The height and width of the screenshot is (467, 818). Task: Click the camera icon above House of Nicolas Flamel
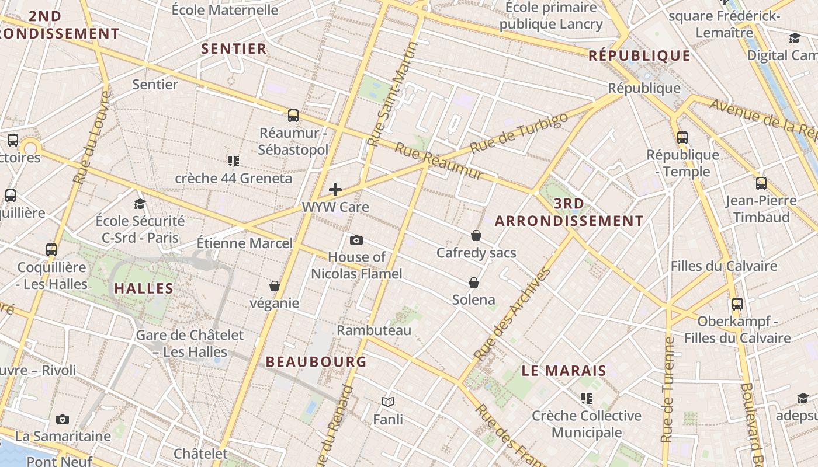[356, 240]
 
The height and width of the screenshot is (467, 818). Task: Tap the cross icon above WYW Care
[335, 189]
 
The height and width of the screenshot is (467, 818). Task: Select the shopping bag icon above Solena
[474, 283]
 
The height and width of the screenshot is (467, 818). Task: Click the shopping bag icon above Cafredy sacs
[476, 235]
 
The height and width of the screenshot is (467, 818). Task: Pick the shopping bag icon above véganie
[275, 286]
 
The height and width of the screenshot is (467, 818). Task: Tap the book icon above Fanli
[388, 402]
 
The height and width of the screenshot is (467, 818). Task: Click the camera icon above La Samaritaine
[63, 419]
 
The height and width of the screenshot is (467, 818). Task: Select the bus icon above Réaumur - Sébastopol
[293, 115]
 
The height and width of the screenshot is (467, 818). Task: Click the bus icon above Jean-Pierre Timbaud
[761, 183]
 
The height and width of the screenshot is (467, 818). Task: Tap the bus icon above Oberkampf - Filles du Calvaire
[737, 304]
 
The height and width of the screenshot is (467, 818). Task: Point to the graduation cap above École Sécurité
[140, 204]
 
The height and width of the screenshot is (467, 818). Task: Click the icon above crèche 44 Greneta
[234, 161]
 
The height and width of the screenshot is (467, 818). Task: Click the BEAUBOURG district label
[316, 362]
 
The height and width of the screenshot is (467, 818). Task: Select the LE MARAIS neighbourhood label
[564, 371]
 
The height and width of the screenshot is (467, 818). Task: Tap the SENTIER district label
[234, 48]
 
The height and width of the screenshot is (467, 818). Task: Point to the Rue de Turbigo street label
[518, 133]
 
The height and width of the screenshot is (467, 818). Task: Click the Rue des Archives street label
[512, 314]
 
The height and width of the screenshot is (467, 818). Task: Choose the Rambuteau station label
[374, 330]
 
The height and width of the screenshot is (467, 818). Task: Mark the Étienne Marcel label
[244, 243]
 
